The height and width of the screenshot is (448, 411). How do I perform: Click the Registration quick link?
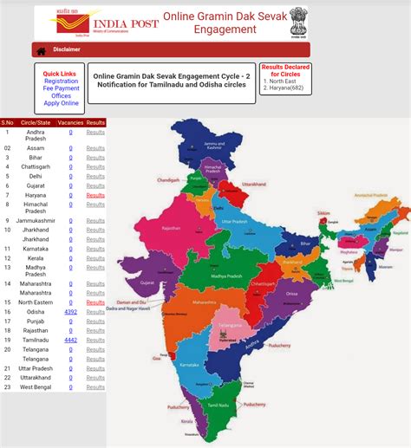click(61, 81)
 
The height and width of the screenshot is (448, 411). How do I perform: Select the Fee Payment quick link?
click(61, 88)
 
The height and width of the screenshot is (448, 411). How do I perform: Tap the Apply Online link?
click(61, 103)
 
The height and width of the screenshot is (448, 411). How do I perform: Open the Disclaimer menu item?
click(66, 50)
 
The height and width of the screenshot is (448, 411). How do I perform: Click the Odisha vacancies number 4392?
click(71, 311)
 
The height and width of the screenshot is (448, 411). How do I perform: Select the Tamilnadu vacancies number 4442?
click(71, 340)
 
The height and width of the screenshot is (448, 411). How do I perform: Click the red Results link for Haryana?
click(95, 195)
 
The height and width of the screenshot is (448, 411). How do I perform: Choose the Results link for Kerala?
click(95, 258)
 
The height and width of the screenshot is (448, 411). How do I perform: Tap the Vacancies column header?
click(70, 123)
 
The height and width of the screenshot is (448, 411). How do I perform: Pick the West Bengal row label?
click(36, 386)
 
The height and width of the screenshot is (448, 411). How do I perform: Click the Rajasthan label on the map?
click(170, 228)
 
